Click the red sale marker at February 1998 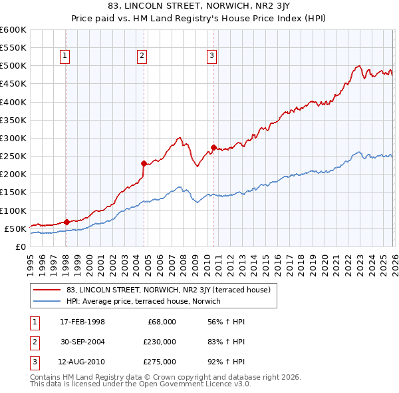point(66,222)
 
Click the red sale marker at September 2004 point(144,163)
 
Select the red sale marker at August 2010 point(213,147)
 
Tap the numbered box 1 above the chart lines point(65,57)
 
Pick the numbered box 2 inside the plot point(142,57)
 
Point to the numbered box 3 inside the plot point(211,57)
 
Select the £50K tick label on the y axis point(15,228)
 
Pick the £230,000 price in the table point(160,342)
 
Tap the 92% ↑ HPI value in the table point(226,362)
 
